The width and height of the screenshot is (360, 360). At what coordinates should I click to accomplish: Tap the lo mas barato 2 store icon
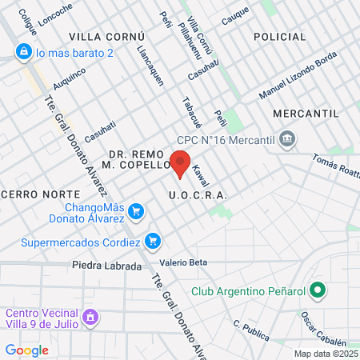22,52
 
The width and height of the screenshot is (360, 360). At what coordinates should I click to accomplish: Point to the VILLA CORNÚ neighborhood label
106,37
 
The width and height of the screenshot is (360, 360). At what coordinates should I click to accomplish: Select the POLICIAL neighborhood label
279,37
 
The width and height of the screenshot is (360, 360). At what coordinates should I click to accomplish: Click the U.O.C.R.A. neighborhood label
198,195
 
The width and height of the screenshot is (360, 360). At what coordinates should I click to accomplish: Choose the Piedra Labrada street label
106,266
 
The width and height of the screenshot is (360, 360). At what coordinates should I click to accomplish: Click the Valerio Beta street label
183,262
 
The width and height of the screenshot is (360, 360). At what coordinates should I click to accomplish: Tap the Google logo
26,350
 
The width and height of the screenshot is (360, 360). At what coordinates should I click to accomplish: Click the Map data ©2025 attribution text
326,354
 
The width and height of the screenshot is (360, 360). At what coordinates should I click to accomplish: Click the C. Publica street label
249,330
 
